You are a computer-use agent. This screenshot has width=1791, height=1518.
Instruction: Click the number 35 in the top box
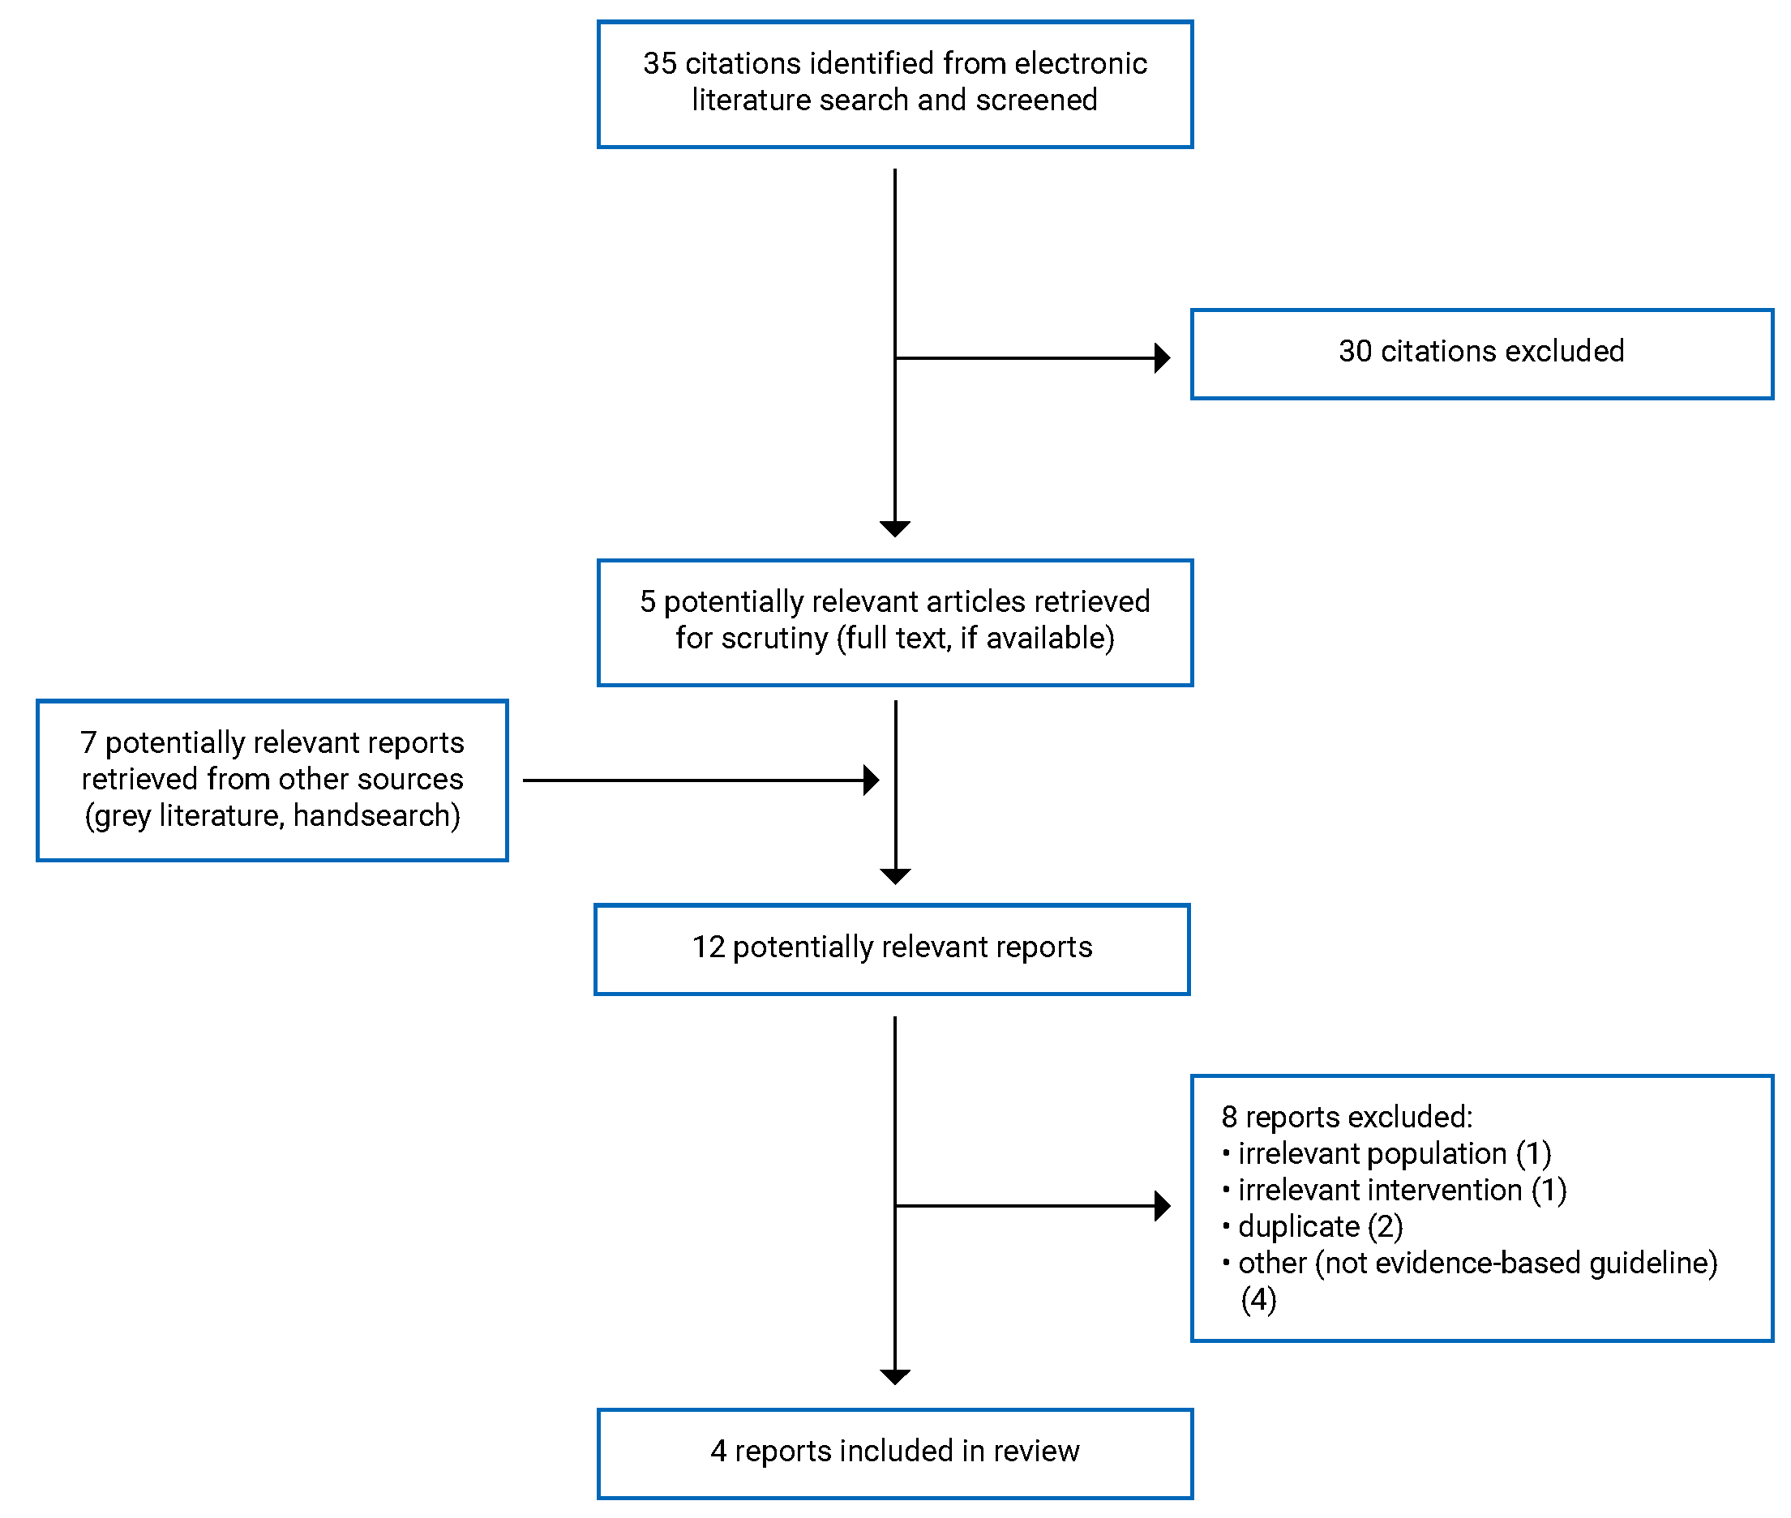click(658, 64)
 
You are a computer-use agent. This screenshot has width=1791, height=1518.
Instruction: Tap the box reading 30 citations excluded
click(1480, 353)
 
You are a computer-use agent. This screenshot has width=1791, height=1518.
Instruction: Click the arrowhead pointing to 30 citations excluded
click(1162, 357)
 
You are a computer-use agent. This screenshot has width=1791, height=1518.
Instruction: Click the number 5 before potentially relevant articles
click(647, 601)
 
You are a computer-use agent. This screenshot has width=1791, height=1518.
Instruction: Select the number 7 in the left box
click(88, 742)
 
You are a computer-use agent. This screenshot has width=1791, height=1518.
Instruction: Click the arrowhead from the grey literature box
click(871, 780)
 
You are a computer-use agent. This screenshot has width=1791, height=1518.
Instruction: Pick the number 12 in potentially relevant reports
click(709, 947)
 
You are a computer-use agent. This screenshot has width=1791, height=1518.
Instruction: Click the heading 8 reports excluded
click(1346, 1117)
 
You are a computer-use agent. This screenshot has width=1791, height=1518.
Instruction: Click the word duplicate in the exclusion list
click(1298, 1227)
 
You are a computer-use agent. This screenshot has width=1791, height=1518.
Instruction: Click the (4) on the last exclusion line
click(1258, 1299)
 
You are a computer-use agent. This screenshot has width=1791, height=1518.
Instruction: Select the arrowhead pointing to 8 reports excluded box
click(1162, 1206)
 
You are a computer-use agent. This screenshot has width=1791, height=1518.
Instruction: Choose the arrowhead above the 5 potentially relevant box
click(895, 528)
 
